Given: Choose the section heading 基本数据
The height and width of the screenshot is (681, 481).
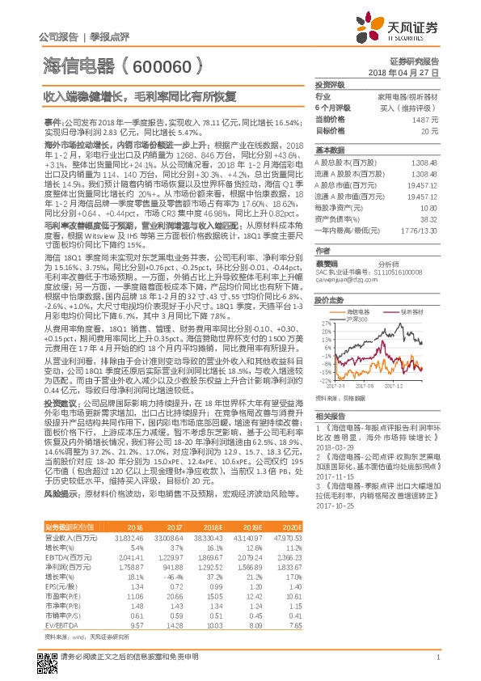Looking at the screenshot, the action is coord(331,150).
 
